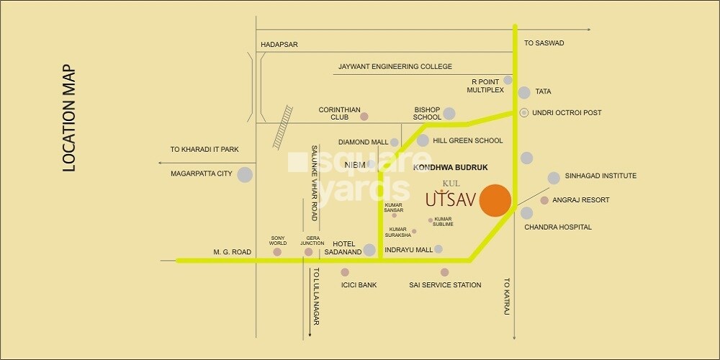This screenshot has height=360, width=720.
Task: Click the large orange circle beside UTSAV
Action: [x=496, y=200]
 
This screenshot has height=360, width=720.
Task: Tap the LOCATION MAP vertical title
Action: [x=69, y=119]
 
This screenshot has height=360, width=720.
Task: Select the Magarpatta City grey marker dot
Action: [x=245, y=174]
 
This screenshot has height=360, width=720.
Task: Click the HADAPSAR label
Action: [x=279, y=45]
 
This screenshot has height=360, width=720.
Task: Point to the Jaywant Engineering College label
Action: [x=395, y=67]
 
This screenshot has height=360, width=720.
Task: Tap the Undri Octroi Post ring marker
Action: [x=524, y=112]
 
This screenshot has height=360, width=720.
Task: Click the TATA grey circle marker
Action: [x=524, y=92]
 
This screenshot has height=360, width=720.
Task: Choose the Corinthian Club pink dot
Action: [x=364, y=116]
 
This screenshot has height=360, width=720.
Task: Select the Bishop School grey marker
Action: [x=449, y=113]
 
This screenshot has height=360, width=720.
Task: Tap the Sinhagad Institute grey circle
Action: [x=554, y=178]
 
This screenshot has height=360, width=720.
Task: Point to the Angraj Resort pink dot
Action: [x=544, y=200]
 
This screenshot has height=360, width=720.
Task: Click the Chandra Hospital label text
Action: [x=558, y=228]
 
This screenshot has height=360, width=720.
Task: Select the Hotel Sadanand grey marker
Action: [x=369, y=250]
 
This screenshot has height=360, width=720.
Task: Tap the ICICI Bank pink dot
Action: [x=345, y=272]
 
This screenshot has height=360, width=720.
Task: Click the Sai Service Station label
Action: [x=444, y=285]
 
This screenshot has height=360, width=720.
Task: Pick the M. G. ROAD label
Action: [x=232, y=252]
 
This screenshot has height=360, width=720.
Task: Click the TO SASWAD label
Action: [x=544, y=43]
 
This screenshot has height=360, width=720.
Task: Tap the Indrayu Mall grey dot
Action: [x=438, y=249]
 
